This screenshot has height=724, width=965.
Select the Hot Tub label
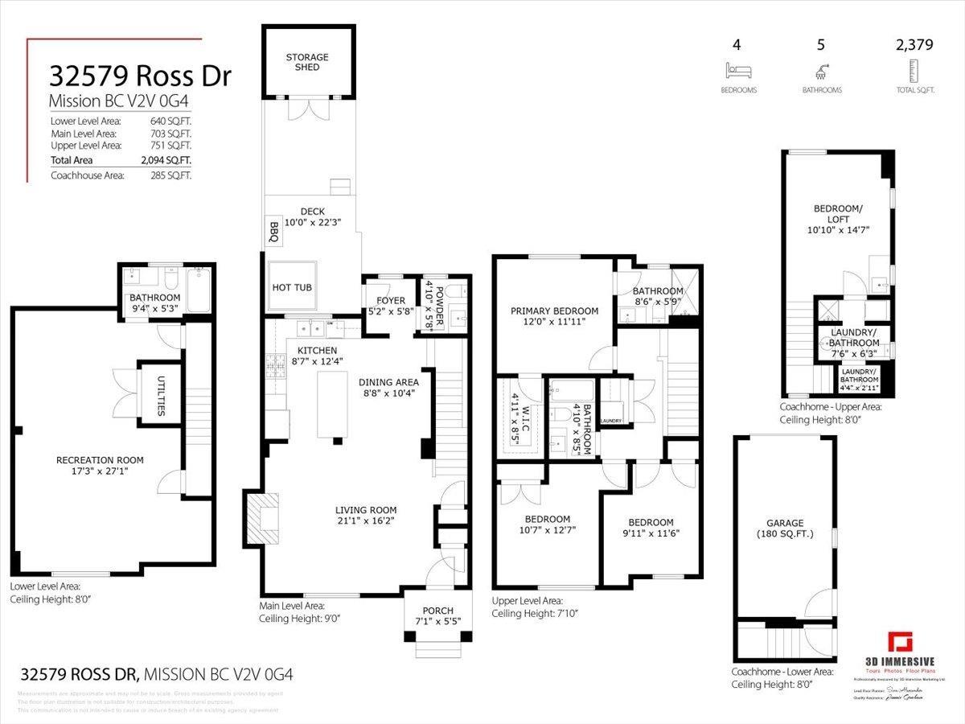pyautogui.click(x=293, y=287)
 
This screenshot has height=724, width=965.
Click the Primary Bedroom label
pyautogui.click(x=555, y=311)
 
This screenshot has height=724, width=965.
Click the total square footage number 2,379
pyautogui.click(x=914, y=45)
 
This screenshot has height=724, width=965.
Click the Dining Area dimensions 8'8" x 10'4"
pyautogui.click(x=384, y=395)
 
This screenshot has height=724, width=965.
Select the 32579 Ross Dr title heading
pyautogui.click(x=140, y=76)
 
